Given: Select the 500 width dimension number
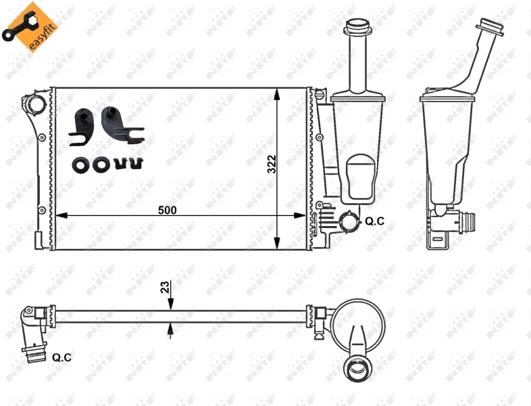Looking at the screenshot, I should (167, 210).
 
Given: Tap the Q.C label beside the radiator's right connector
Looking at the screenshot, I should (375, 221).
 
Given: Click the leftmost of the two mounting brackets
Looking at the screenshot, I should (82, 126).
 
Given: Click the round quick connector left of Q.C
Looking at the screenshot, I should (349, 221).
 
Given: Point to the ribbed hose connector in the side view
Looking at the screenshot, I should (466, 221).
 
